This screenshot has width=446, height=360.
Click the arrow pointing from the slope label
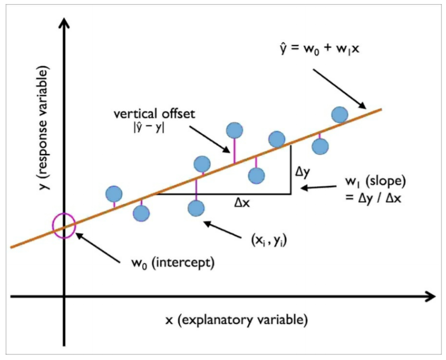pyautogui.click(x=316, y=188)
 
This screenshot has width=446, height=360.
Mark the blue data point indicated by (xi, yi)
pyautogui.click(x=196, y=208)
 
